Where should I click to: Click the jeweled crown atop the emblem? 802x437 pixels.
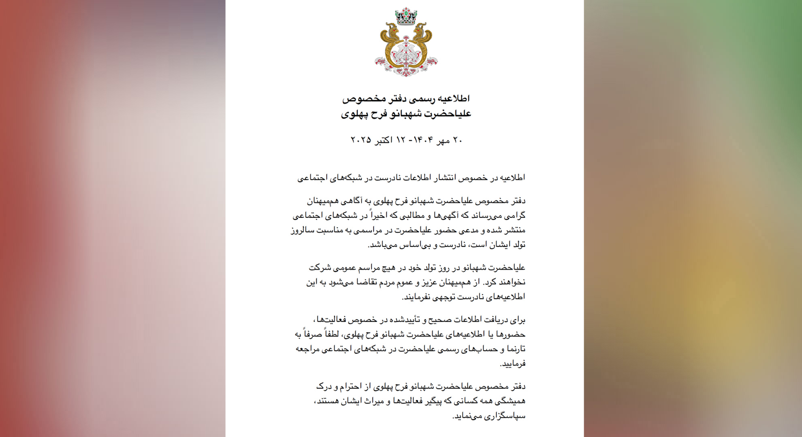[406, 17]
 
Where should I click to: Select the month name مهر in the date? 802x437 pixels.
[443, 140]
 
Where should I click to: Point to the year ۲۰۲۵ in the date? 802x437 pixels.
[361, 140]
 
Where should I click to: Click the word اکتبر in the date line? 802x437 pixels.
[383, 140]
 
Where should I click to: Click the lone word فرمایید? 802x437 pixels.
[513, 364]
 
